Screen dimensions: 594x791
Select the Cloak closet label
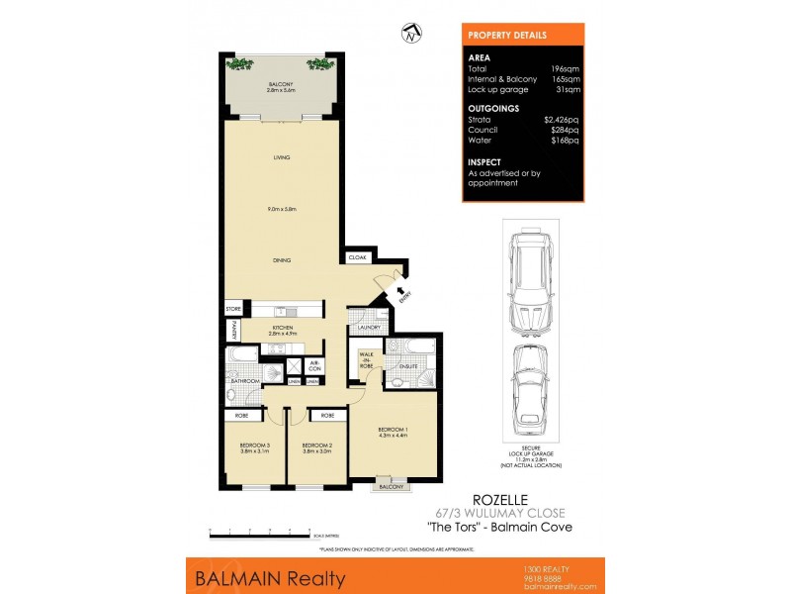pyautogui.click(x=356, y=257)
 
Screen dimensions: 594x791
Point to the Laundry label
pyautogui.click(x=370, y=327)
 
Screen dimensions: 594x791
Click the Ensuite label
pyautogui.click(x=408, y=367)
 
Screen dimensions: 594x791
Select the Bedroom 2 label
pyautogui.click(x=316, y=446)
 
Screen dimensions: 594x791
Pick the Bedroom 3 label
pyautogui.click(x=254, y=446)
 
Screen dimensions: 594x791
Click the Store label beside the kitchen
pyautogui.click(x=233, y=309)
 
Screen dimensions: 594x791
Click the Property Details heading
pyautogui.click(x=507, y=35)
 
